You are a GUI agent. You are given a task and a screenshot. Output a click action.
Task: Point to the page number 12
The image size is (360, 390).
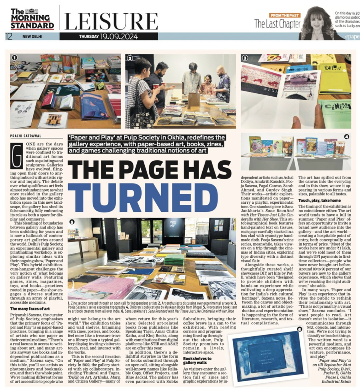9,37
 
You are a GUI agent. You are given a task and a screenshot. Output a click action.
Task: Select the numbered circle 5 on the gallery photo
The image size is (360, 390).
72,222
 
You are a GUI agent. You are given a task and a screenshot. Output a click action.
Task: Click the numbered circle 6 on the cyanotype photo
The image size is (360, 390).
299,329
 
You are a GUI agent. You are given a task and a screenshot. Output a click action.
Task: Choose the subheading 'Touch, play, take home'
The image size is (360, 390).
319,200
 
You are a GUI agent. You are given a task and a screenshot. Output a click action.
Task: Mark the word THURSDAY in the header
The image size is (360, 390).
89,37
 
